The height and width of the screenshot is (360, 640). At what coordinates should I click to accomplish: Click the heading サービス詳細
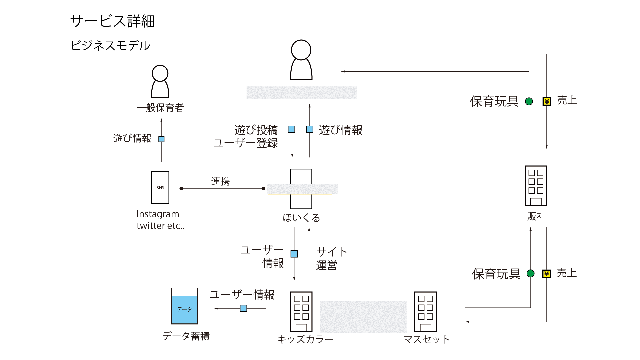pos(112,21)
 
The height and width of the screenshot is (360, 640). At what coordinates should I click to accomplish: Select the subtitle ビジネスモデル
pos(110,46)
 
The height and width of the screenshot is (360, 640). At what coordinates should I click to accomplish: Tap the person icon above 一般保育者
pos(160,81)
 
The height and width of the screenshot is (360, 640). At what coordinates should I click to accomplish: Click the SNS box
pos(160,187)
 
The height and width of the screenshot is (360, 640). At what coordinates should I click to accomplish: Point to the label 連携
pos(220,181)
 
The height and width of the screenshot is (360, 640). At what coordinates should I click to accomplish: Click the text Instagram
pos(158,214)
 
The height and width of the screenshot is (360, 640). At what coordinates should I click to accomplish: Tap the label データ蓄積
pos(186,336)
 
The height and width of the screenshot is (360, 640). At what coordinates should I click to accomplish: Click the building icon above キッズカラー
pos(301,311)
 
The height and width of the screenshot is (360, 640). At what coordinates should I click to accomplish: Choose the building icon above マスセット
pos(425,311)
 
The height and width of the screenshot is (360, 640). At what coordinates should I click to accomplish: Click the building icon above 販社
pos(536,185)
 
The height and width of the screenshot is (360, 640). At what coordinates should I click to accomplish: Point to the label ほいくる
pos(301,218)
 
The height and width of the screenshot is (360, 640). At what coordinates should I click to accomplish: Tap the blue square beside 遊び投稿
pos(291,129)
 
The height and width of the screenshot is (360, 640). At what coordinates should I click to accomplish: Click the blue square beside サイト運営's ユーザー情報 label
pos(294,254)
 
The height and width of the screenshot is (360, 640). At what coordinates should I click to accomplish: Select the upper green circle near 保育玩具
pos(529,101)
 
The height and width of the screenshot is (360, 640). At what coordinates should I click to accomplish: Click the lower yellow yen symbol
pos(546,274)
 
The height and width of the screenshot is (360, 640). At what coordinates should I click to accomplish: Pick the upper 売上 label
pos(567,100)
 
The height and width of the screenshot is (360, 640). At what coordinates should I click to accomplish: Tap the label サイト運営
pos(331,258)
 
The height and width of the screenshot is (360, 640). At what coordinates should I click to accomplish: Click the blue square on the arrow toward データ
pos(243,308)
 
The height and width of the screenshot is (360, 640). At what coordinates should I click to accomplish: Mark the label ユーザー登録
pos(246,143)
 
